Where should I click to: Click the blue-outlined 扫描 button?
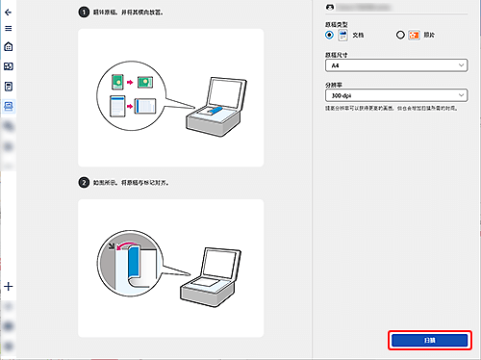(x=430, y=340)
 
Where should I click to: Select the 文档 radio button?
(x=330, y=35)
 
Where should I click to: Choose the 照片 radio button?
(x=400, y=35)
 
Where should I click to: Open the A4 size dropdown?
(x=396, y=68)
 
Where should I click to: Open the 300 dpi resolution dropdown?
(x=396, y=95)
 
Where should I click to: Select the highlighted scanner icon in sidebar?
(x=9, y=105)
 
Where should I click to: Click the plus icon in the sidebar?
(x=9, y=286)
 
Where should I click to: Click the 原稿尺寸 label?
(x=339, y=56)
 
